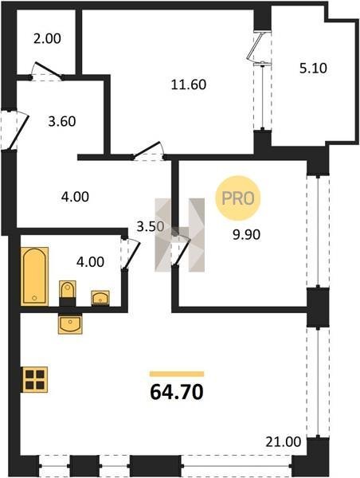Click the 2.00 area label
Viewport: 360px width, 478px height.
click(47, 39)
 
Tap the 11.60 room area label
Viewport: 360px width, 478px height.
click(189, 84)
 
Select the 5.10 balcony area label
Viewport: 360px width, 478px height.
click(313, 68)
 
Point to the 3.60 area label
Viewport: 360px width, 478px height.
click(62, 121)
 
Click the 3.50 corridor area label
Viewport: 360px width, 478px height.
click(151, 226)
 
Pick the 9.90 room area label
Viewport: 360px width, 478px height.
click(246, 235)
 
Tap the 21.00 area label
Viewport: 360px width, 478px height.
click(284, 441)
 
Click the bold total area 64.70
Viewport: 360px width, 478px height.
click(177, 392)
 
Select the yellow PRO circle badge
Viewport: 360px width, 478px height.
click(238, 198)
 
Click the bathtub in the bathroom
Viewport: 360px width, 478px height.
click(34, 276)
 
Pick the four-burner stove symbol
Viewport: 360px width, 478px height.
click(35, 379)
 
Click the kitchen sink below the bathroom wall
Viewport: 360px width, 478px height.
click(70, 325)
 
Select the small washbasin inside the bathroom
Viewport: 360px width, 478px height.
click(100, 297)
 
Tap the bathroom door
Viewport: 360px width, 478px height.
click(132, 254)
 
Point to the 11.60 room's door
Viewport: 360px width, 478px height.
click(148, 151)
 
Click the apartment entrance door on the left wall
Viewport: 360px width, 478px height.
click(18, 131)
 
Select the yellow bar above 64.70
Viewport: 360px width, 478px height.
click(177, 374)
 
